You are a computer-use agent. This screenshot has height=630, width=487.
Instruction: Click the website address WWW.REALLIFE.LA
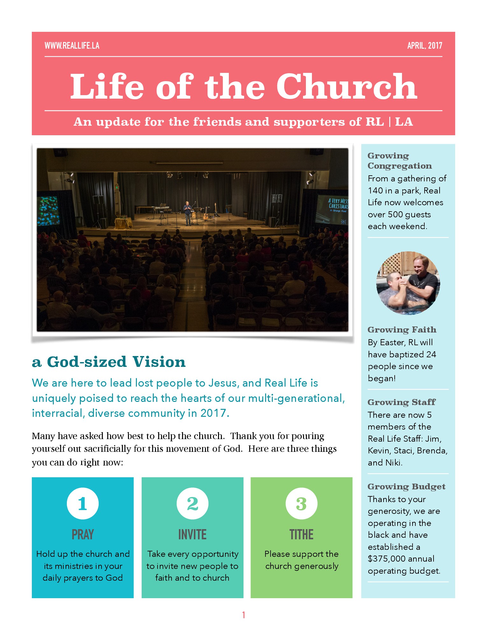72,46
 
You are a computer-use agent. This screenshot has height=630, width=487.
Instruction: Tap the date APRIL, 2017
425,46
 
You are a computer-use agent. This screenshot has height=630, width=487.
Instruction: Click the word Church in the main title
347,87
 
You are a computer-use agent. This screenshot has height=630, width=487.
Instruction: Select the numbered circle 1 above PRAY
83,504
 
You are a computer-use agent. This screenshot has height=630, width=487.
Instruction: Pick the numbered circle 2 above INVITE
193,504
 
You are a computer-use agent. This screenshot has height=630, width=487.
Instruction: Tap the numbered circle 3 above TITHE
301,504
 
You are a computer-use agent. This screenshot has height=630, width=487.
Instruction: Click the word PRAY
83,535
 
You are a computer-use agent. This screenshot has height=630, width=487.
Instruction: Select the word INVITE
193,535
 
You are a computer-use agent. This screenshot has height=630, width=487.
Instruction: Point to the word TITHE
301,535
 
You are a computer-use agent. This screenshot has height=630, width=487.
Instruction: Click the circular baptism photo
408,283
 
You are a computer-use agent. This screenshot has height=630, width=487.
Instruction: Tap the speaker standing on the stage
187,213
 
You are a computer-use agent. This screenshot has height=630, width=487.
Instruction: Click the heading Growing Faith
402,330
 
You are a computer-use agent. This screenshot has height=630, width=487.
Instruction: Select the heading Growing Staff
401,402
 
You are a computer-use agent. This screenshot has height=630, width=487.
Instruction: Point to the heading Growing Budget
406,486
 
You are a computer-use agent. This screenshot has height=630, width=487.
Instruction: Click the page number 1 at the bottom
243,615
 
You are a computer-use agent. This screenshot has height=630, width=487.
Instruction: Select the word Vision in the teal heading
159,362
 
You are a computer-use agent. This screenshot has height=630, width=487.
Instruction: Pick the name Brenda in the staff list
432,451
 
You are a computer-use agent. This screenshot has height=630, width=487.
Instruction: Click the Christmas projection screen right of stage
333,208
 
